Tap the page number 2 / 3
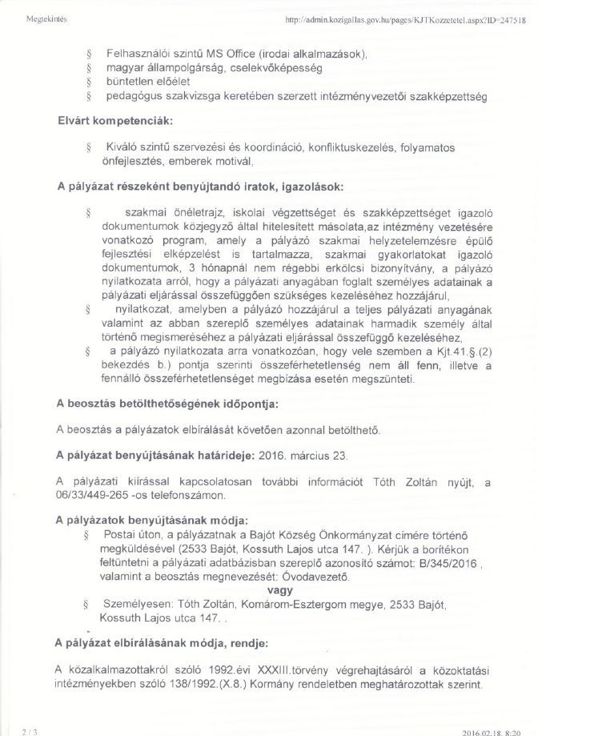[x=30, y=730]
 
